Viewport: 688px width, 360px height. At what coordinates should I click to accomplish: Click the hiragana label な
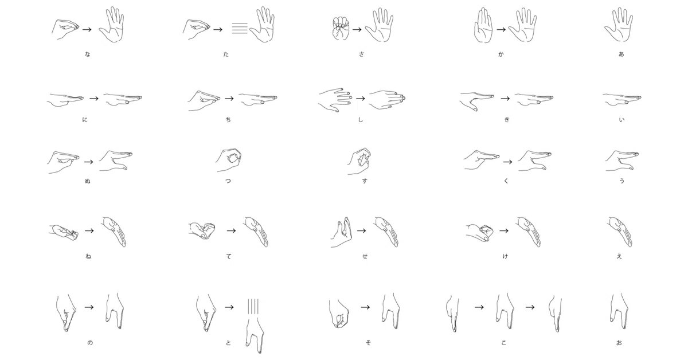[88, 54]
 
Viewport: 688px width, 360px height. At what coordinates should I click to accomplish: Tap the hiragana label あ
[621, 54]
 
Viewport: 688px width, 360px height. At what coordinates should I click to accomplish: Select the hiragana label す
[364, 181]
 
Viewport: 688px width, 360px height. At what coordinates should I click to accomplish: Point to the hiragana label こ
[504, 342]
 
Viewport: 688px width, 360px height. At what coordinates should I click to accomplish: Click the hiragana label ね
[88, 256]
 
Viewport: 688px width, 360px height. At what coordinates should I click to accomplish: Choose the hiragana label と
[228, 342]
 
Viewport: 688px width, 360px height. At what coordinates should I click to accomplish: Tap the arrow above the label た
[218, 29]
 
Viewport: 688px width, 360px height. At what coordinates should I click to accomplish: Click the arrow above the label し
[361, 99]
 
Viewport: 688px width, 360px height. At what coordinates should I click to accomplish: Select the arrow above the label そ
[365, 307]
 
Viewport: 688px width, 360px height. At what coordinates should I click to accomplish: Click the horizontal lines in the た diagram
[240, 28]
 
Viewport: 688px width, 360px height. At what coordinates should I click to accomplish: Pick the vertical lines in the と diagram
[253, 307]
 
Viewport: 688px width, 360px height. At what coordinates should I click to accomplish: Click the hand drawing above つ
[229, 160]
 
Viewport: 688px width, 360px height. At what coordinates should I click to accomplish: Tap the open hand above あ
[619, 24]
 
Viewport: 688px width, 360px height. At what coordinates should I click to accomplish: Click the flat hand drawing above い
[621, 99]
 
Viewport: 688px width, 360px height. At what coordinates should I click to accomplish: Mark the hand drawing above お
[619, 311]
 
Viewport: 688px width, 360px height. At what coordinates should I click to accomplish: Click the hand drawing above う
[621, 161]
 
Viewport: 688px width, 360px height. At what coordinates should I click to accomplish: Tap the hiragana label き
[507, 119]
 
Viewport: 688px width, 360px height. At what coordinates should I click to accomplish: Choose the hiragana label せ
[365, 256]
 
